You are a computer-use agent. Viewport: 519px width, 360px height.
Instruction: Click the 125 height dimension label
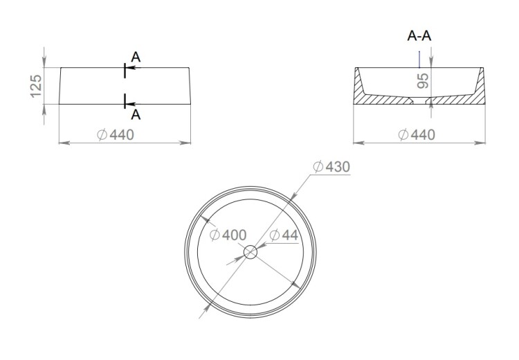click(x=36, y=86)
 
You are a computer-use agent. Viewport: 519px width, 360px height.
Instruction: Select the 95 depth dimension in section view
click(x=423, y=81)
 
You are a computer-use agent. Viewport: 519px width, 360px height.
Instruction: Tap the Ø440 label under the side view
click(x=116, y=135)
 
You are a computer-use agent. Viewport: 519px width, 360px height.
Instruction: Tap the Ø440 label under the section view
click(x=417, y=135)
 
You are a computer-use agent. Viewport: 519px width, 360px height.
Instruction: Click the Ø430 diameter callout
click(x=331, y=167)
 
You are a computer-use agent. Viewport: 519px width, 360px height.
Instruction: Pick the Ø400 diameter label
click(x=228, y=235)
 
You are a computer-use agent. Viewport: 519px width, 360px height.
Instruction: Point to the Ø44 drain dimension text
click(x=284, y=235)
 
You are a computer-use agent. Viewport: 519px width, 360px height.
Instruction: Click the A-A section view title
click(x=419, y=36)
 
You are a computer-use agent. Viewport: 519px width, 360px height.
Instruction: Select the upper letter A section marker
click(x=136, y=57)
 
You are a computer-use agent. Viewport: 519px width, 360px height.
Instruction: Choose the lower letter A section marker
click(x=136, y=115)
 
